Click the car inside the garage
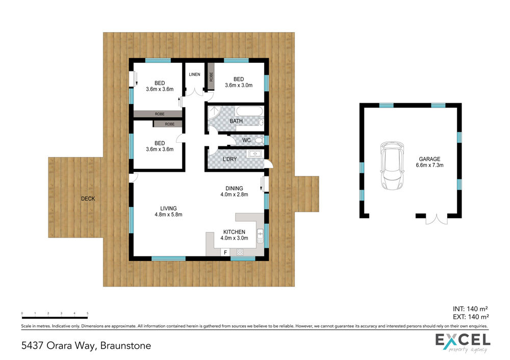pyautogui.click(x=392, y=165)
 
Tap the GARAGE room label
pyautogui.click(x=429, y=159)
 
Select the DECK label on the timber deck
pyautogui.click(x=88, y=198)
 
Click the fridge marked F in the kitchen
pyautogui.click(x=225, y=252)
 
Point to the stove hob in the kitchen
pyautogui.click(x=240, y=252)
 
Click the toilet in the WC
pyautogui.click(x=259, y=140)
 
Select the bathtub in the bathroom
pyautogui.click(x=249, y=111)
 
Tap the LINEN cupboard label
pyautogui.click(x=194, y=74)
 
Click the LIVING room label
pyautogui.click(x=168, y=209)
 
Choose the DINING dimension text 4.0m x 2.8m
pyautogui.click(x=234, y=194)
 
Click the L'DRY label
pyautogui.click(x=229, y=159)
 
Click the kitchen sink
pyautogui.click(x=260, y=236)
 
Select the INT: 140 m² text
pyautogui.click(x=470, y=308)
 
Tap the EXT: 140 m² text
pyautogui.click(x=471, y=317)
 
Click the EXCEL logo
pyautogui.click(x=463, y=343)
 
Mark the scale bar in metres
pyautogui.click(x=55, y=316)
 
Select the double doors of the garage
pyautogui.click(x=437, y=219)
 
